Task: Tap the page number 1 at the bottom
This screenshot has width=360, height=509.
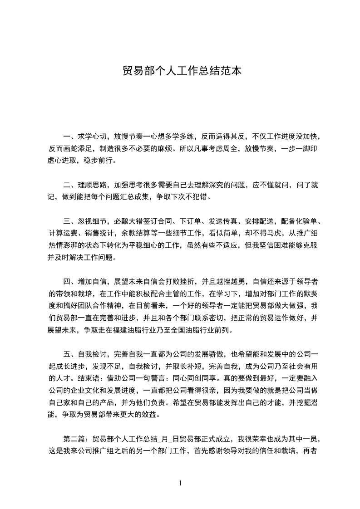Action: coord(180,483)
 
